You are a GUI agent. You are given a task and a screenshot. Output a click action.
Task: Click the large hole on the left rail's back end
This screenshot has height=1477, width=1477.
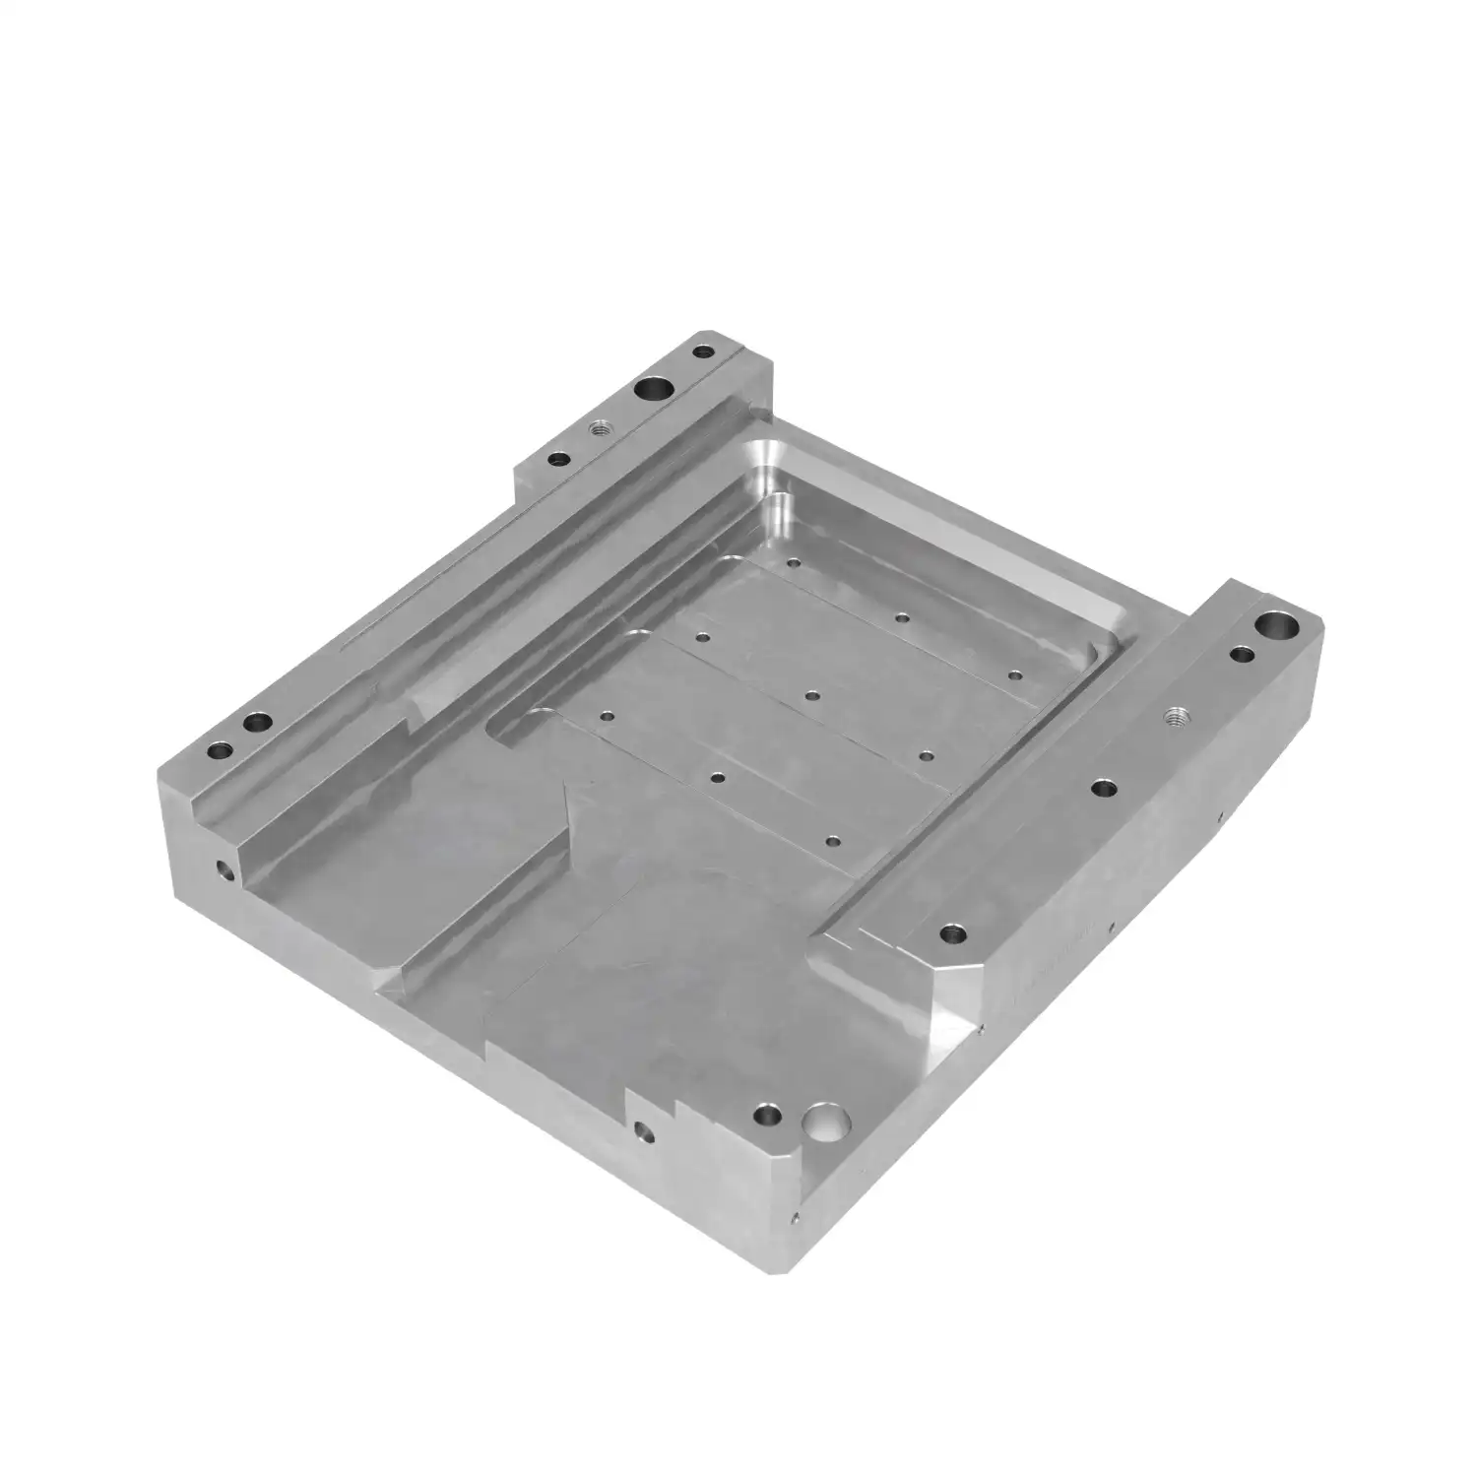[x=653, y=390]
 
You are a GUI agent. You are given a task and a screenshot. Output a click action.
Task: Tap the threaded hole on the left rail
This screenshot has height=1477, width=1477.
[x=597, y=428]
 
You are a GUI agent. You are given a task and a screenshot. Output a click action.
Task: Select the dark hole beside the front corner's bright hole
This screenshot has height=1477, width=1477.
[x=765, y=1117]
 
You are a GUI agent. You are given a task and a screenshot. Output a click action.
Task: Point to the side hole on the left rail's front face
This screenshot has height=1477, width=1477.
[x=225, y=870]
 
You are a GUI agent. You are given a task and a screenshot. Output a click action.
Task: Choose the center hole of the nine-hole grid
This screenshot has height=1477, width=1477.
[x=811, y=695]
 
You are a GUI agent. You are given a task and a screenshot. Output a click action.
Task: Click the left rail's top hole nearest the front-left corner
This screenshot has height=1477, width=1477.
[x=219, y=750]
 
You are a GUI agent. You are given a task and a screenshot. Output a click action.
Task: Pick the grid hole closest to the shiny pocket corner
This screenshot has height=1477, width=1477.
[x=793, y=564]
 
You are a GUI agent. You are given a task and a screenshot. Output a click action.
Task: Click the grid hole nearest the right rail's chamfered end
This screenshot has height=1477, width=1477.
[x=833, y=842]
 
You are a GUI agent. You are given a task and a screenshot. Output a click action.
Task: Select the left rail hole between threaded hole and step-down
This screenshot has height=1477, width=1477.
[x=559, y=459]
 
